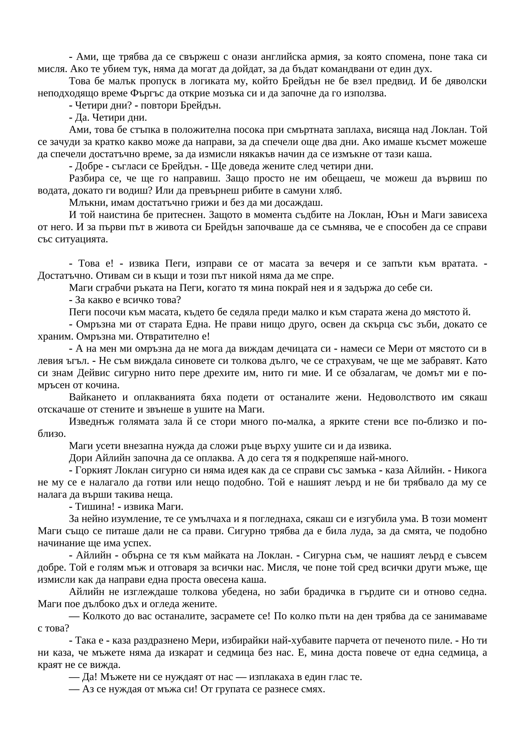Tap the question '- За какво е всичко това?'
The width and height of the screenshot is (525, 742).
click(x=125, y=300)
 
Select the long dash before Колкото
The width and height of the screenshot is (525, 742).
click(x=74, y=617)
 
